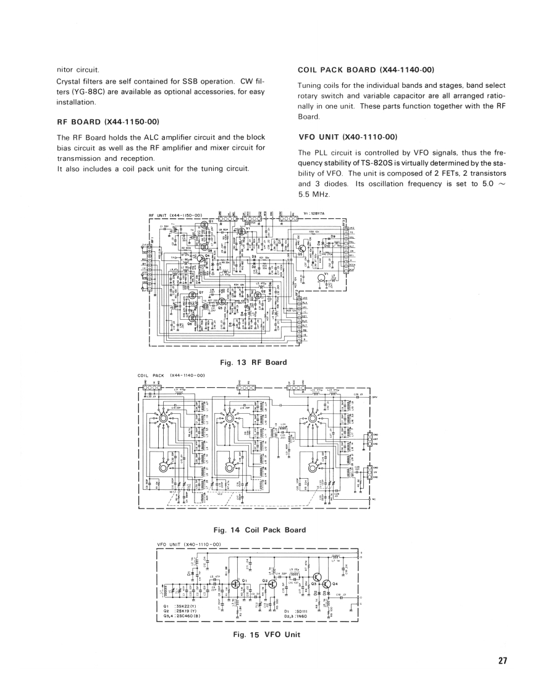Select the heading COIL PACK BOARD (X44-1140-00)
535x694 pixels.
tap(366, 70)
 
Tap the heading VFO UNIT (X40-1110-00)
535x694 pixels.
tap(347, 137)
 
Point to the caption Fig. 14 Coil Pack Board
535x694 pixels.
tap(259, 529)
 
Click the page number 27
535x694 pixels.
tap(502, 661)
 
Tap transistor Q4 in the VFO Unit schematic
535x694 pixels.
tap(327, 583)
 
